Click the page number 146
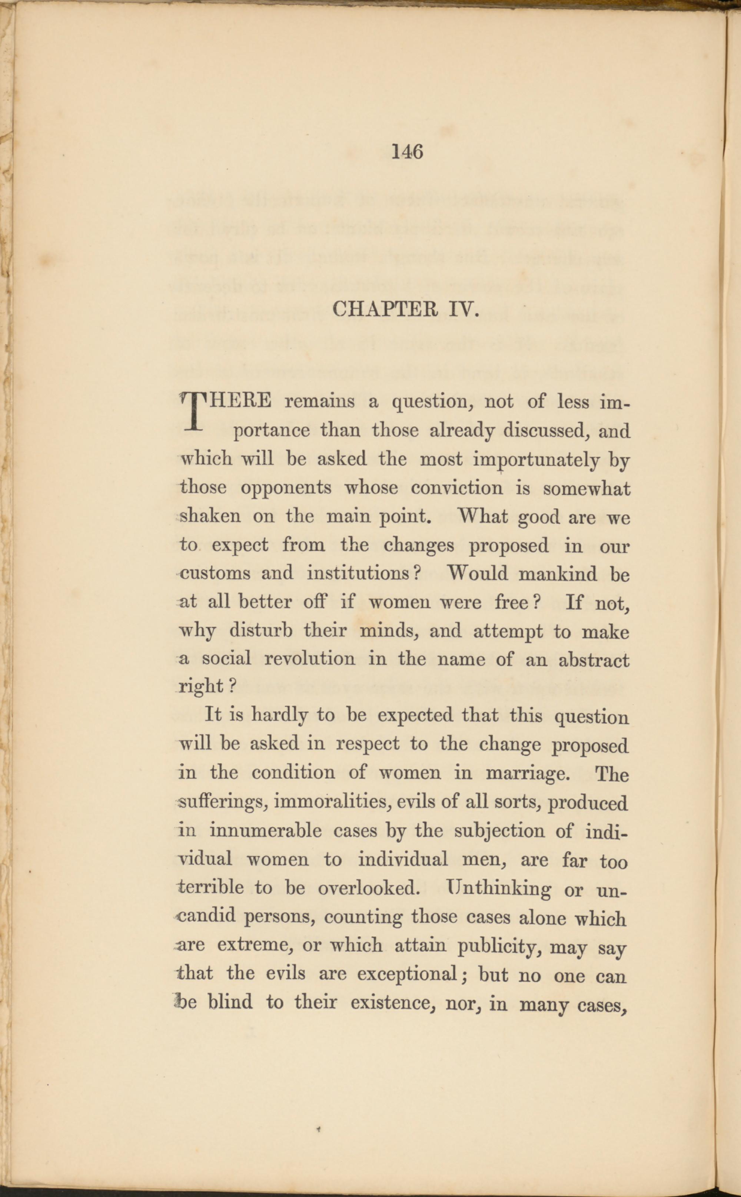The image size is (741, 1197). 407,152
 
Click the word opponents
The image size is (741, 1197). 286,489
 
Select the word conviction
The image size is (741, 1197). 457,489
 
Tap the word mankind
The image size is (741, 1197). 558,573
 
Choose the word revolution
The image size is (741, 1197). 310,659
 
